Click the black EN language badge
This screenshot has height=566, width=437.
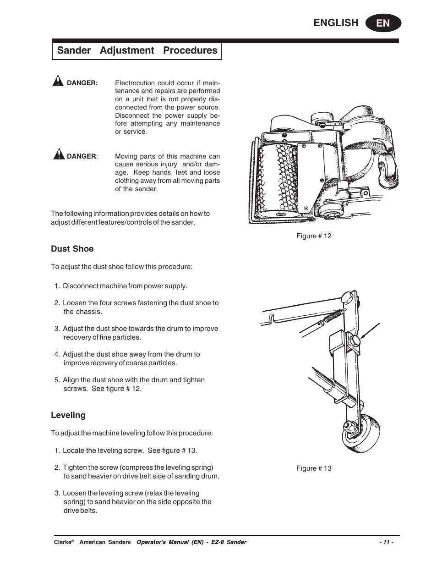coord(383,23)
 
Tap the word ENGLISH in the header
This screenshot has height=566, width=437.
coord(336,23)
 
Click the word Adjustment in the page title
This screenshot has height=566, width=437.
coord(127,50)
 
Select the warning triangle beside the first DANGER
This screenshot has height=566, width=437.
coord(58,82)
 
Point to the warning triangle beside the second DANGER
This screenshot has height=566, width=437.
coord(59,154)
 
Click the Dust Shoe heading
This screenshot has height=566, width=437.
coord(72,249)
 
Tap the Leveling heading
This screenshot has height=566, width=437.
coord(68,415)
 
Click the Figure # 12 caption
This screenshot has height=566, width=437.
coord(314,236)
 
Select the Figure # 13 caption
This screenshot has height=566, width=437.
coord(314,468)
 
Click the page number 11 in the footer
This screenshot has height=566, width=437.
coord(386,542)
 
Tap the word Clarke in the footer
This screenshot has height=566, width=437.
coord(62,542)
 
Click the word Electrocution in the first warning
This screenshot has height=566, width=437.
coord(135,83)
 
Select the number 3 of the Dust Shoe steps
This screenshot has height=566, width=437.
coord(57,329)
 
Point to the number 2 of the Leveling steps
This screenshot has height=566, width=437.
coord(57,467)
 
